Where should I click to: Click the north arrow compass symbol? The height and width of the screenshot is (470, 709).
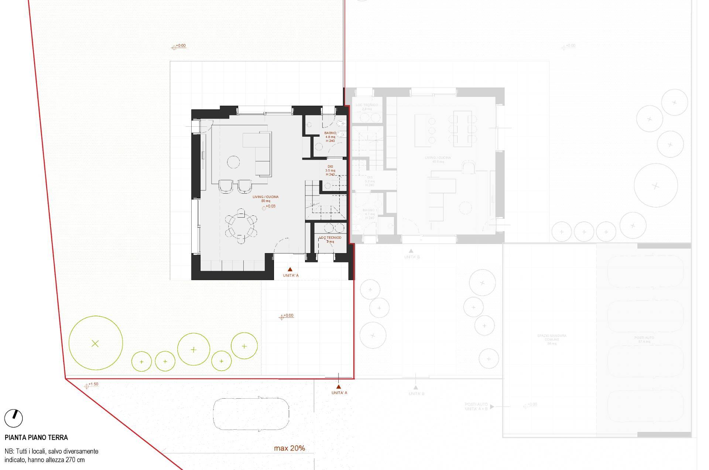pyautogui.click(x=14, y=418)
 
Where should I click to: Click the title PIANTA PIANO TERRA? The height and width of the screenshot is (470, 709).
pyautogui.click(x=36, y=437)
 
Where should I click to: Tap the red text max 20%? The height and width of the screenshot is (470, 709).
pyautogui.click(x=290, y=448)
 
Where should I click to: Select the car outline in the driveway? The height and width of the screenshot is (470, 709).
pyautogui.click(x=251, y=413)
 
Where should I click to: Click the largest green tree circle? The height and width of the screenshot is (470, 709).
pyautogui.click(x=96, y=343)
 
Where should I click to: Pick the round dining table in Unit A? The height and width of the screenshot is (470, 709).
pyautogui.click(x=241, y=226)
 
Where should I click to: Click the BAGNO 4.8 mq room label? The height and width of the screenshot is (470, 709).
pyautogui.click(x=330, y=137)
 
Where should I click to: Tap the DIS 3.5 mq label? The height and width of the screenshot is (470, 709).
pyautogui.click(x=330, y=170)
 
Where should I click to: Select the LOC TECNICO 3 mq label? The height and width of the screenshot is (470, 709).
pyautogui.click(x=330, y=239)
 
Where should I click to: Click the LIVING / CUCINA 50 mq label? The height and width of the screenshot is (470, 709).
pyautogui.click(x=266, y=199)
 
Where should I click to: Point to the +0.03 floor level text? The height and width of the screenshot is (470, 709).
pyautogui.click(x=271, y=206)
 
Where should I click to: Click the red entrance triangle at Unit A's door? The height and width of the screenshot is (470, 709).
pyautogui.click(x=290, y=269)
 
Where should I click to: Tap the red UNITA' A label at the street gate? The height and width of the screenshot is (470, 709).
pyautogui.click(x=339, y=393)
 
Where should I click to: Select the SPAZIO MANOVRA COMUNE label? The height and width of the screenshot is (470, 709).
pyautogui.click(x=552, y=339)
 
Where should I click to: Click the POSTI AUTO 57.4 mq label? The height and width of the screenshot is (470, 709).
pyautogui.click(x=644, y=340)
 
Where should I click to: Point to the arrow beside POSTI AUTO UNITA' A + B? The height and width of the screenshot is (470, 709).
pyautogui.click(x=492, y=406)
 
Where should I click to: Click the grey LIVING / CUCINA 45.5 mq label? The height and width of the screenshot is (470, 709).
pyautogui.click(x=438, y=160)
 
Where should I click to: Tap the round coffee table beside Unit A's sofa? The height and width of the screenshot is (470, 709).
pyautogui.click(x=233, y=161)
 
